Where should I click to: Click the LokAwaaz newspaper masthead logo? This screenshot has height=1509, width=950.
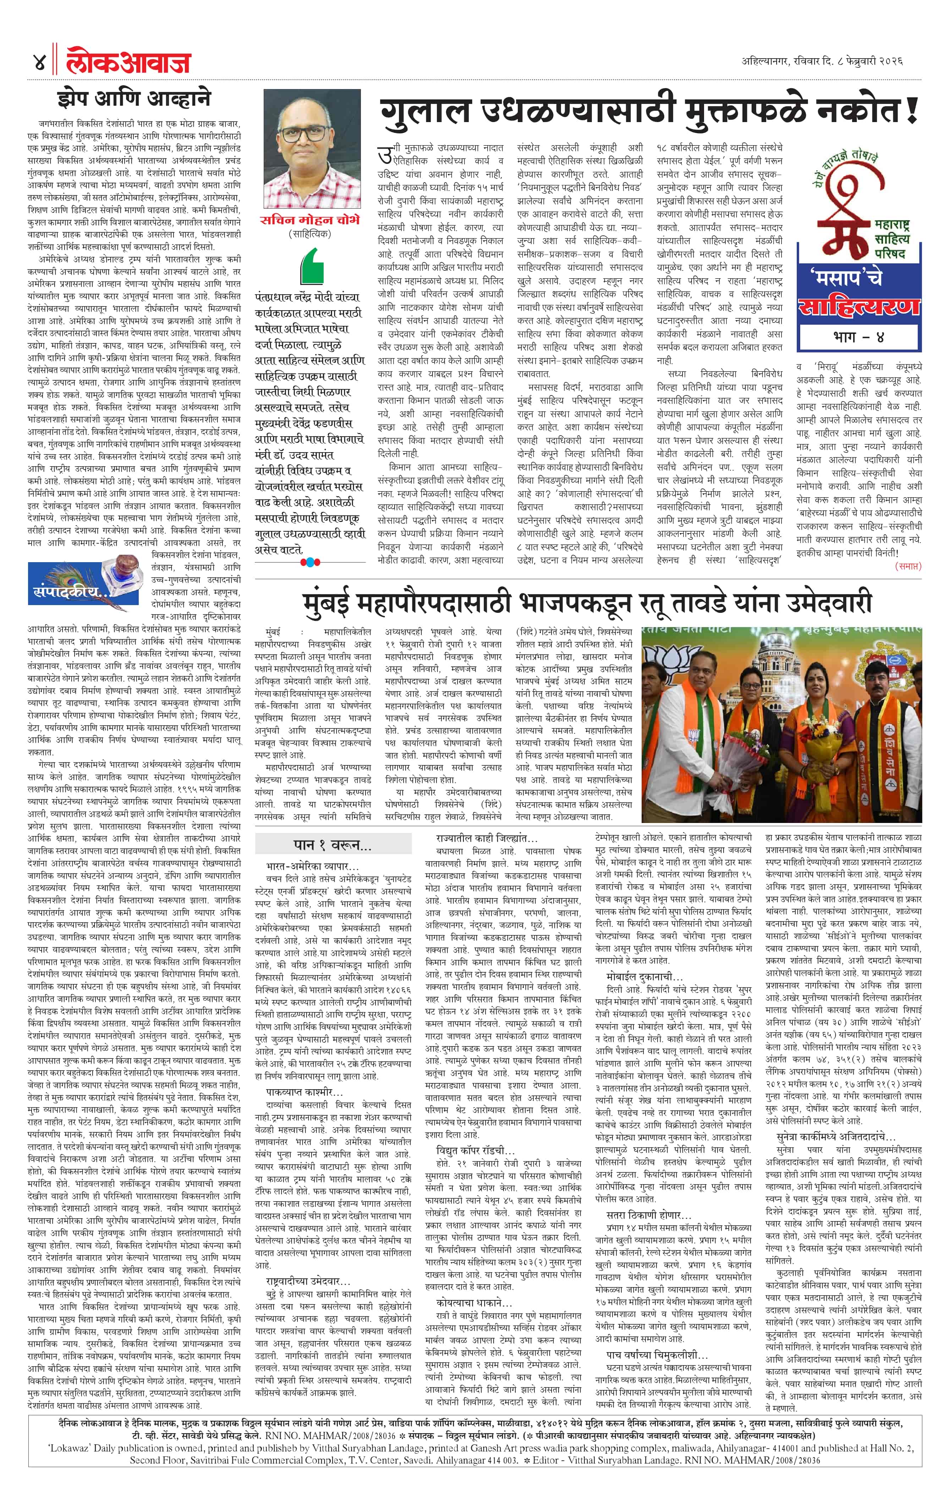click(128, 62)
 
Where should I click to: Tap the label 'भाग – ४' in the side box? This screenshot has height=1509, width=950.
click(858, 337)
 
